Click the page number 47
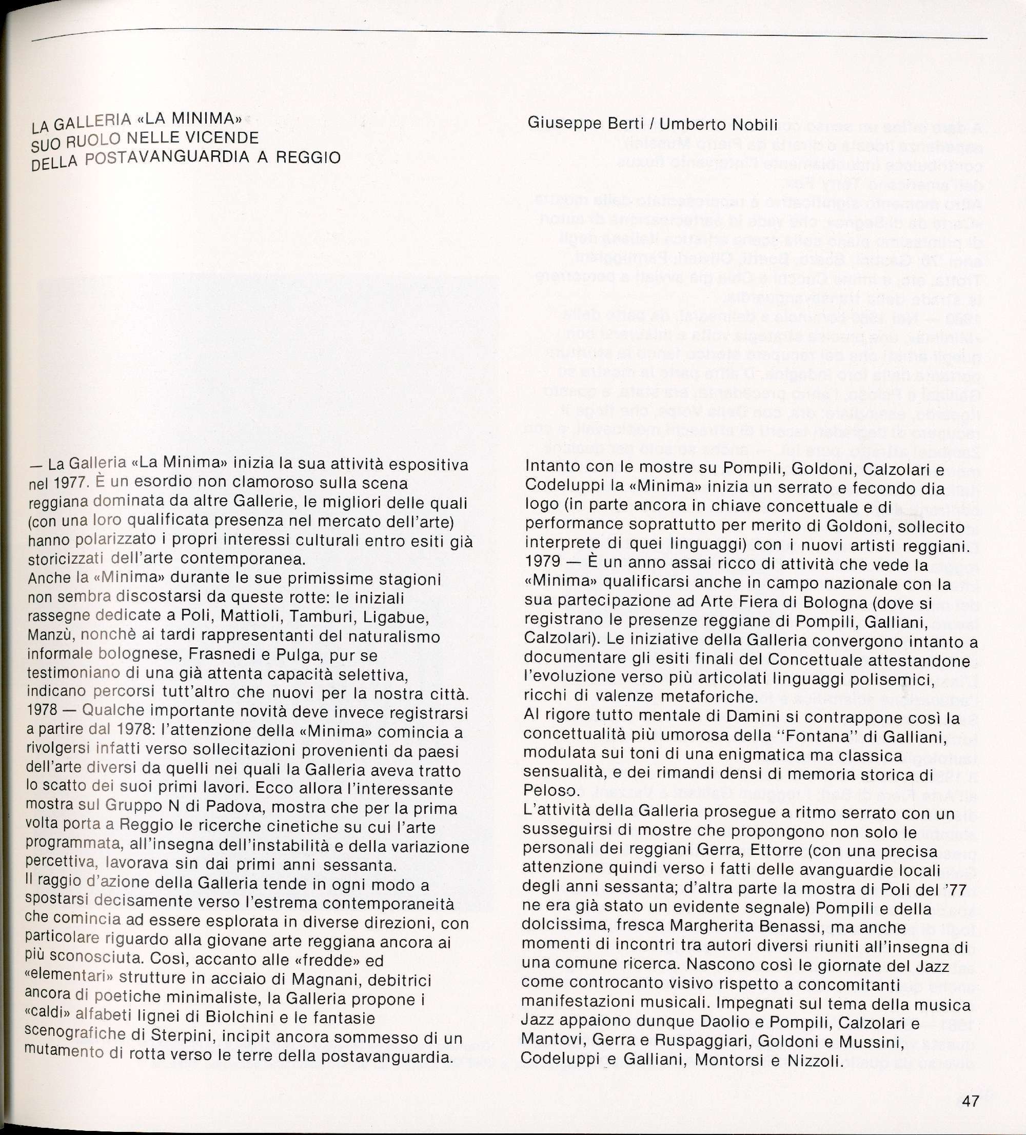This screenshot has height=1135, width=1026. pos(971,1101)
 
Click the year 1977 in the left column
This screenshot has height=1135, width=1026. pos(70,484)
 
